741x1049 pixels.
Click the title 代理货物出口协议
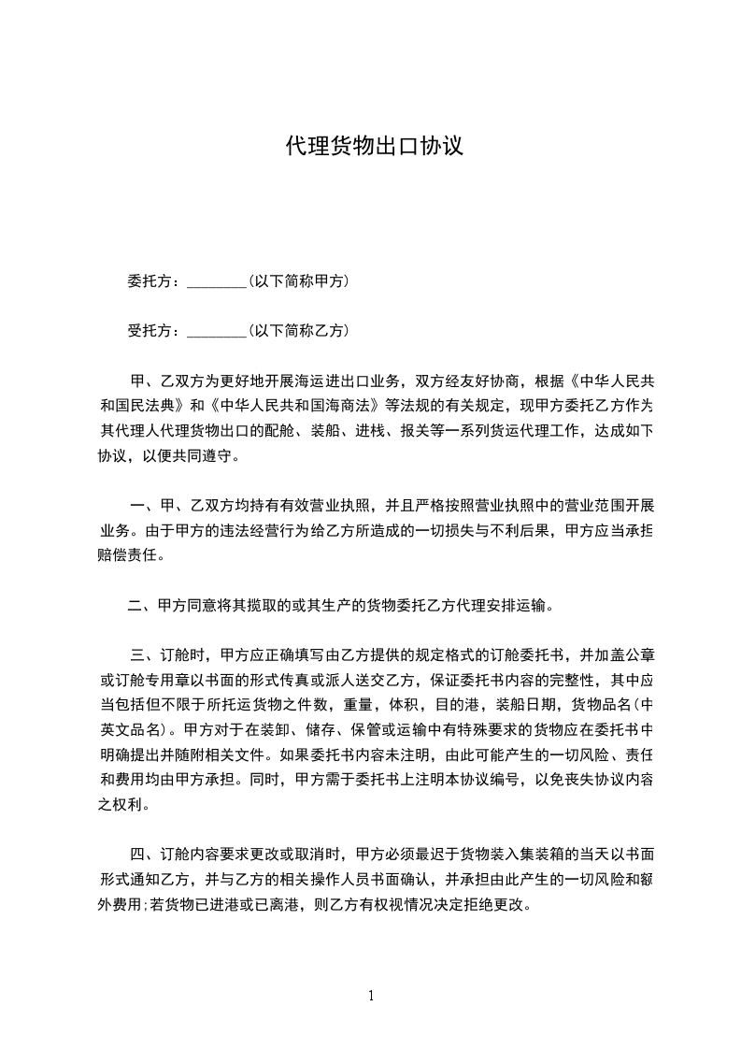pos(374,147)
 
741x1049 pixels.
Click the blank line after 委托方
pos(216,281)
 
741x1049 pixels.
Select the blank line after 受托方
pos(216,331)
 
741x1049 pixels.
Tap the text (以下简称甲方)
pos(299,280)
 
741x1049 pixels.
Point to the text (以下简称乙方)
pos(299,330)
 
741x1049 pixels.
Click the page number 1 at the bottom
pos(371,996)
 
